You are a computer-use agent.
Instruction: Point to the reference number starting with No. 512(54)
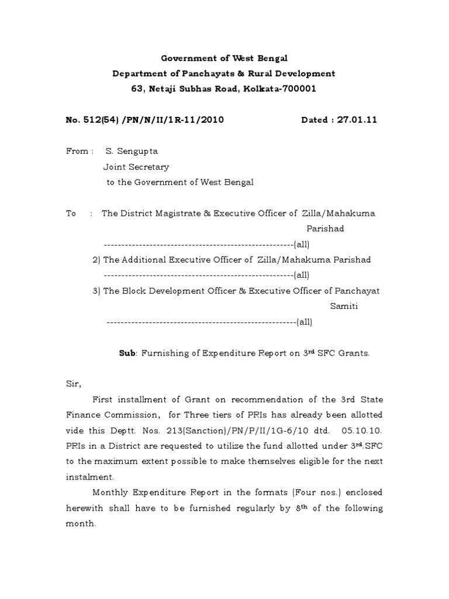pos(144,120)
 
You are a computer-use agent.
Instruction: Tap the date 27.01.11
pos(361,120)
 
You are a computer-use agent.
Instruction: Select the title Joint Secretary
pos(136,167)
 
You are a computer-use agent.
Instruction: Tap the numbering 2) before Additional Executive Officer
pos(97,260)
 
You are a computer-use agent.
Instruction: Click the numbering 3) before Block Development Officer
pos(97,291)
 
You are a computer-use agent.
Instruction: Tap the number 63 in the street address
pos(137,89)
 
